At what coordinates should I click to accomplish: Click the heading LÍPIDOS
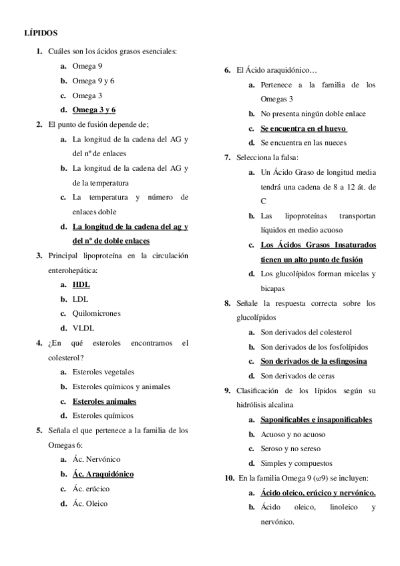click(41, 31)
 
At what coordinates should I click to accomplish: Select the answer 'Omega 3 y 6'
click(94, 109)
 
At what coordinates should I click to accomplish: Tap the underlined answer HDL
click(81, 284)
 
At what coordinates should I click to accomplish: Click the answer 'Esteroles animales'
click(104, 401)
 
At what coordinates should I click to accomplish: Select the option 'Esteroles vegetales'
click(103, 372)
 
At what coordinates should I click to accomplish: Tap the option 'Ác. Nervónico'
click(97, 459)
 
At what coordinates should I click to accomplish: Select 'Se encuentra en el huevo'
click(303, 128)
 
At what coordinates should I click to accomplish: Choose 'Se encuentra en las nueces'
click(303, 143)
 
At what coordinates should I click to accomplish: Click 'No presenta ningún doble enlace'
click(313, 113)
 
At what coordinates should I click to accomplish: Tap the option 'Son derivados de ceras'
click(296, 376)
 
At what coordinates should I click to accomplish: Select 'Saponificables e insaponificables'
click(316, 419)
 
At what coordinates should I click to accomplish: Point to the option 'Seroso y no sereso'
click(290, 449)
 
